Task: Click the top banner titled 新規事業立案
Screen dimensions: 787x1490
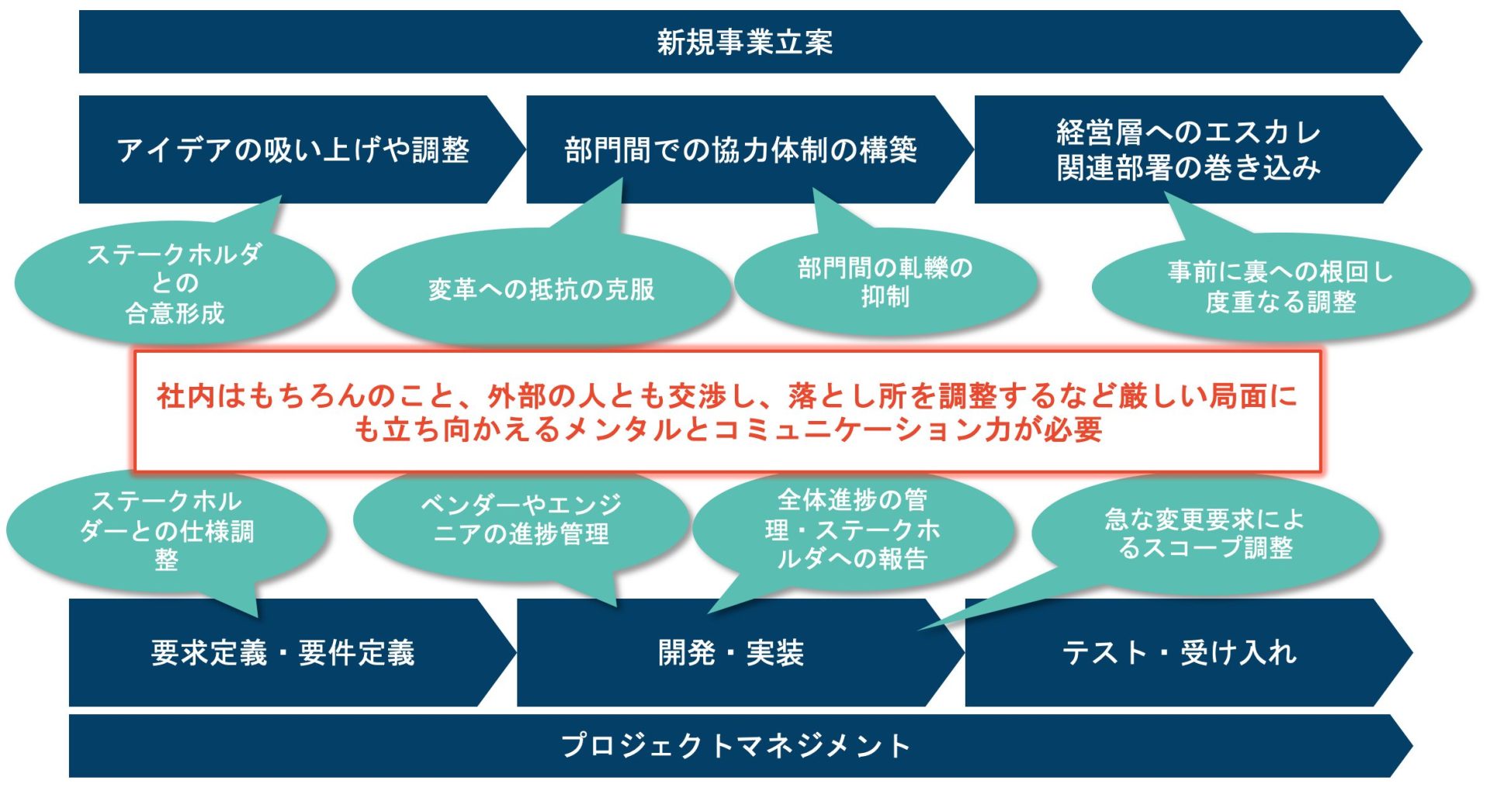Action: pos(745,42)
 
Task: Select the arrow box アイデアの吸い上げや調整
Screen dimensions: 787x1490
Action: pos(293,150)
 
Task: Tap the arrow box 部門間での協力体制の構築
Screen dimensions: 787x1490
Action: pos(740,150)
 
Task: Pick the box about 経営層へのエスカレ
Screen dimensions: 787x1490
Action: pos(1188,150)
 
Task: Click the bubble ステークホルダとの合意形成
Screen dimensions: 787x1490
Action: pos(175,284)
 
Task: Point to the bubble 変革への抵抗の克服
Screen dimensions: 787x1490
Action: pos(541,290)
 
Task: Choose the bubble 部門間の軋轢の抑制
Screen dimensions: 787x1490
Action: pos(885,282)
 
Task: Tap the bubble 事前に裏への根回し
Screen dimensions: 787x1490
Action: pos(1280,287)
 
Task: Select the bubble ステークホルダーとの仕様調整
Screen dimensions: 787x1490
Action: pos(166,530)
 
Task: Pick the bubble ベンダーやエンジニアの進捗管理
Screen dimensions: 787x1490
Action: pos(521,519)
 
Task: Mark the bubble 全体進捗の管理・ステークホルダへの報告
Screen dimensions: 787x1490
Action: pos(852,530)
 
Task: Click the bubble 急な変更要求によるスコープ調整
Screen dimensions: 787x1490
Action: pos(1204,533)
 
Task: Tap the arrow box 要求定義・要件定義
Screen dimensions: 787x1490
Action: pos(283,653)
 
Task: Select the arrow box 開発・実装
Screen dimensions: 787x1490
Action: pos(731,653)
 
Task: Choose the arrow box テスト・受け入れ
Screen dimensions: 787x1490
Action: pos(1179,653)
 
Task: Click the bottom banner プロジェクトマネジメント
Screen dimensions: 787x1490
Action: pos(736,746)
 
